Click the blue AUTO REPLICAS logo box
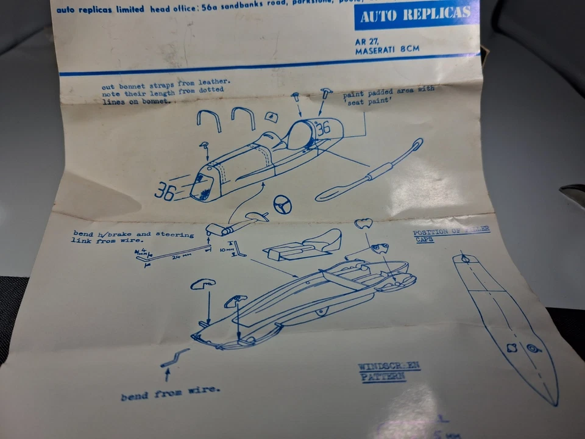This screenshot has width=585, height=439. (x=416, y=15)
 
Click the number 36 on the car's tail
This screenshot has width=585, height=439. (x=323, y=127)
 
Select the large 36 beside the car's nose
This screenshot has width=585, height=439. (x=165, y=191)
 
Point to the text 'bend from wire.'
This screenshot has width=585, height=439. (x=170, y=392)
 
